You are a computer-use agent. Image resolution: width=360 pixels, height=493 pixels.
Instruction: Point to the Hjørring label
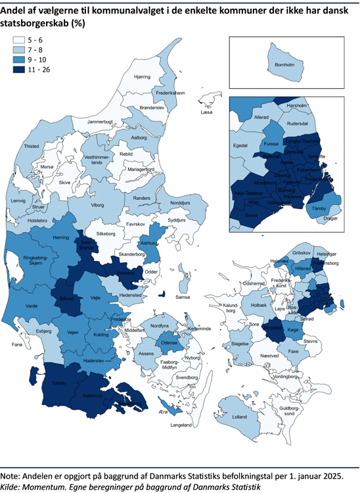pyautogui.click(x=143, y=77)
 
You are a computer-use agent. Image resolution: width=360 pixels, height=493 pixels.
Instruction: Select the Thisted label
pyautogui.click(x=32, y=147)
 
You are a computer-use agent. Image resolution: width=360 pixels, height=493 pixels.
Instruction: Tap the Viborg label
pyautogui.click(x=97, y=204)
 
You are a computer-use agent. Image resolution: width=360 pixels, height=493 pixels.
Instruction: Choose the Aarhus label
pyautogui.click(x=148, y=243)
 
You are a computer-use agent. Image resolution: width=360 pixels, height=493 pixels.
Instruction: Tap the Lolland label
pyautogui.click(x=239, y=417)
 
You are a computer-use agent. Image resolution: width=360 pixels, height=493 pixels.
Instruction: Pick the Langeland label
pyautogui.click(x=181, y=425)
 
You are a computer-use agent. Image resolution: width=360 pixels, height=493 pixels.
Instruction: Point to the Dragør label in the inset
pyautogui.click(x=330, y=218)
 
